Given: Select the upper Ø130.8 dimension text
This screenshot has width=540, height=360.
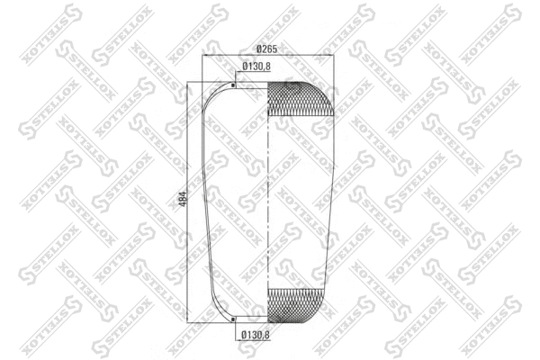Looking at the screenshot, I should (x=256, y=66).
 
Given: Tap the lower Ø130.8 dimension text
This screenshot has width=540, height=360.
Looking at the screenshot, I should (x=256, y=337).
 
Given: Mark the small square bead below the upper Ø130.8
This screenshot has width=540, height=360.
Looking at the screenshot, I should (x=233, y=86).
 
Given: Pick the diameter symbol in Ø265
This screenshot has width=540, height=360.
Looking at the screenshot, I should (x=258, y=48).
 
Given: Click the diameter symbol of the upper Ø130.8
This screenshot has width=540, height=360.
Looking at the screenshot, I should (x=244, y=66).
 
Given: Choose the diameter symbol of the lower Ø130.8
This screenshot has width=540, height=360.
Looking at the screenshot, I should (x=244, y=337).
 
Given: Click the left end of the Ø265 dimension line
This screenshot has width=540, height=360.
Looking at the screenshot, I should (x=205, y=56).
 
